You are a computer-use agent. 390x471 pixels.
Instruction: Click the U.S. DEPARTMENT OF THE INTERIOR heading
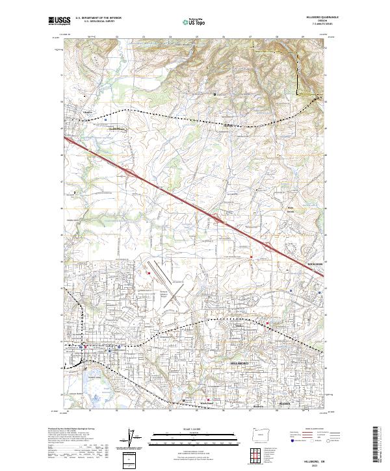click(97, 18)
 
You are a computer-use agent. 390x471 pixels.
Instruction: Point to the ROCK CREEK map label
click(314, 264)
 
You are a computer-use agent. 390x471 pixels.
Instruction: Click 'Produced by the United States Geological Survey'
click(72, 429)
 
